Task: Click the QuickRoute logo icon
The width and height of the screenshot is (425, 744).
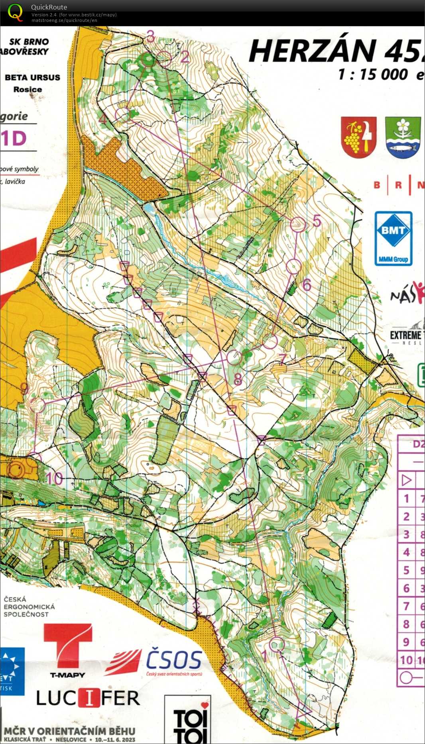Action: [x=15, y=12]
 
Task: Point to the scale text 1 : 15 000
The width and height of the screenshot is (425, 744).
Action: [x=373, y=75]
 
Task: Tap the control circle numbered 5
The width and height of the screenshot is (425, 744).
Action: [x=298, y=224]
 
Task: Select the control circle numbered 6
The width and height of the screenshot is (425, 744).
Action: [x=293, y=266]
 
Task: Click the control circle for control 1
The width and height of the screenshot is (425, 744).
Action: [x=277, y=644]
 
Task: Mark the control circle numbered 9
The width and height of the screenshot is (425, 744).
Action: [x=37, y=405]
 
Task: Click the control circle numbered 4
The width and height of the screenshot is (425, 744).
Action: [x=123, y=115]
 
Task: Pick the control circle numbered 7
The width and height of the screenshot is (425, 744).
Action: [x=270, y=342]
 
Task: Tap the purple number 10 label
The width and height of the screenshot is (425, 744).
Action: [x=55, y=478]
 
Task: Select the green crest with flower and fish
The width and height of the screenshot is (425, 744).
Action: [x=403, y=137]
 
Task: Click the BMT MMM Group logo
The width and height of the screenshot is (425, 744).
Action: [x=393, y=238]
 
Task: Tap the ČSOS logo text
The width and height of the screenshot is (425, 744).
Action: [x=174, y=660]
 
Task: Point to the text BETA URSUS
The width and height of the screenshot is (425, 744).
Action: [x=32, y=78]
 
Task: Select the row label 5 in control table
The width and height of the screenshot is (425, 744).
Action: [x=406, y=570]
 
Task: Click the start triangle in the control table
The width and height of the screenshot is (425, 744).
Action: [x=406, y=480]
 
